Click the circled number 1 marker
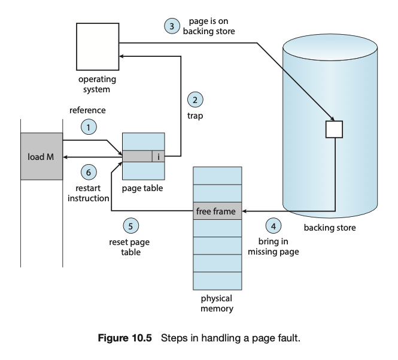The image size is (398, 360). (89, 127)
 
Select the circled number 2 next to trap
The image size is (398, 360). (195, 99)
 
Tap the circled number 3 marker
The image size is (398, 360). (172, 26)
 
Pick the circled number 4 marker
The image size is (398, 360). (274, 226)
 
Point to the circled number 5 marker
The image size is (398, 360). (130, 226)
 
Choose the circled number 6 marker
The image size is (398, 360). (89, 172)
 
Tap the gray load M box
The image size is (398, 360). (41, 156)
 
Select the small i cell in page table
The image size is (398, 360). (158, 156)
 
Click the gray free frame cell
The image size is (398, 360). (217, 211)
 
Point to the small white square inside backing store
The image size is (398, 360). (333, 129)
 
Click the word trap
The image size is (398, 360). (195, 116)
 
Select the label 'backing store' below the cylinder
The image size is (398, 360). (329, 228)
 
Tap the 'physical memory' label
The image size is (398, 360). (217, 304)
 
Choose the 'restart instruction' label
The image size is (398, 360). (88, 193)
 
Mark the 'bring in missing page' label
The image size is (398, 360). (273, 247)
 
